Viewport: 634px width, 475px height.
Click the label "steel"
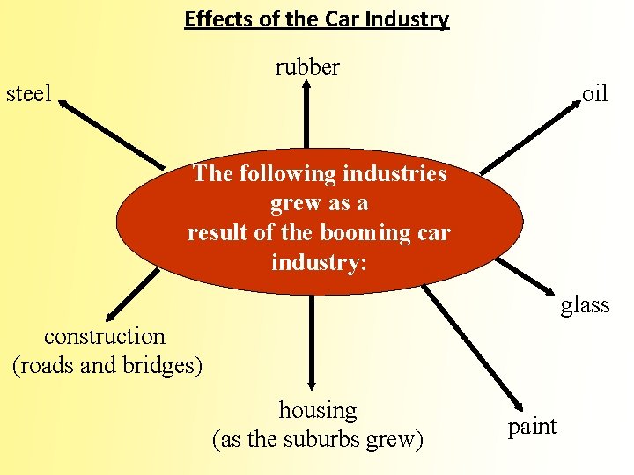29,92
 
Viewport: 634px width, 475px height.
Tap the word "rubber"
306,67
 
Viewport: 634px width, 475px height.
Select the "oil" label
594,93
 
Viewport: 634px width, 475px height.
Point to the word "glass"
585,304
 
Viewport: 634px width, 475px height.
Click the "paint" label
533,426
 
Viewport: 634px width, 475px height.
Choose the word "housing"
318,410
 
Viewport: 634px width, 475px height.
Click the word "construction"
105,335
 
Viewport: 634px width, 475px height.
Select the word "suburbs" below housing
326,439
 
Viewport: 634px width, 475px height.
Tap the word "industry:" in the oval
319,262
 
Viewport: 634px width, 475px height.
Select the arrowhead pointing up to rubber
307,85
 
